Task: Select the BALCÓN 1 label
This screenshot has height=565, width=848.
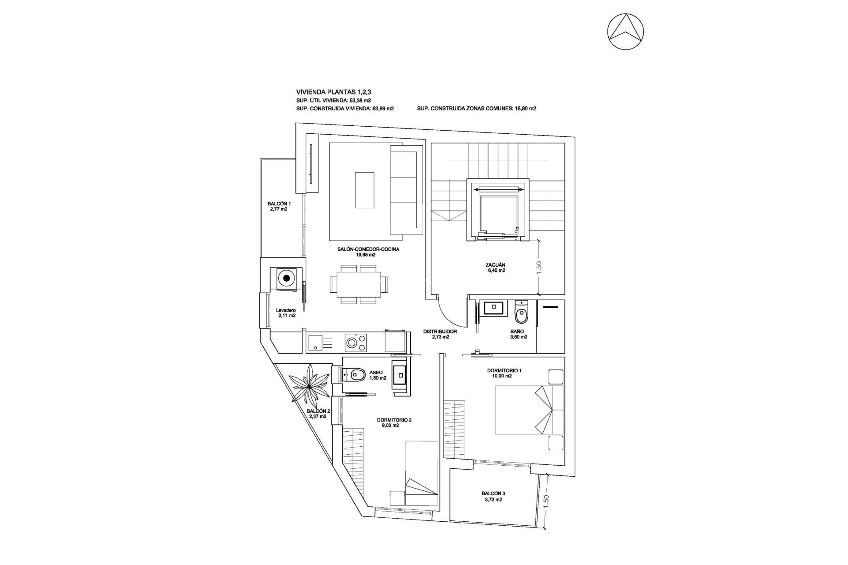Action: click(x=279, y=204)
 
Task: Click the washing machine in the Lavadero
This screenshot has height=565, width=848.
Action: click(x=287, y=279)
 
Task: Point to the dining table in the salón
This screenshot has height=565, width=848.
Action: click(x=355, y=285)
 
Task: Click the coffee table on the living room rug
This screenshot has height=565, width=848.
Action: click(x=365, y=189)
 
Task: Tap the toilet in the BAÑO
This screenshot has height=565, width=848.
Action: click(x=522, y=314)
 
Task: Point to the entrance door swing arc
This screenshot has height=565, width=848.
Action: click(x=450, y=314)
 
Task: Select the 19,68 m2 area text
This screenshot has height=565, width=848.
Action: click(x=366, y=255)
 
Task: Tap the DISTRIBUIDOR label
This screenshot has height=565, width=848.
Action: click(x=440, y=331)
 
